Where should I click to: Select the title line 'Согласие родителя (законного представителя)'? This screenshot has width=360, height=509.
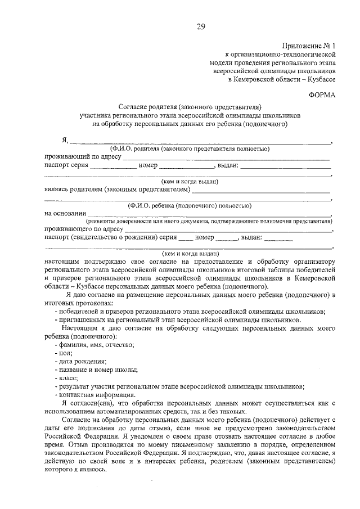(x=190, y=106)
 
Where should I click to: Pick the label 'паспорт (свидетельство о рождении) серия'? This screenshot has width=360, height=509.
(x=110, y=238)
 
